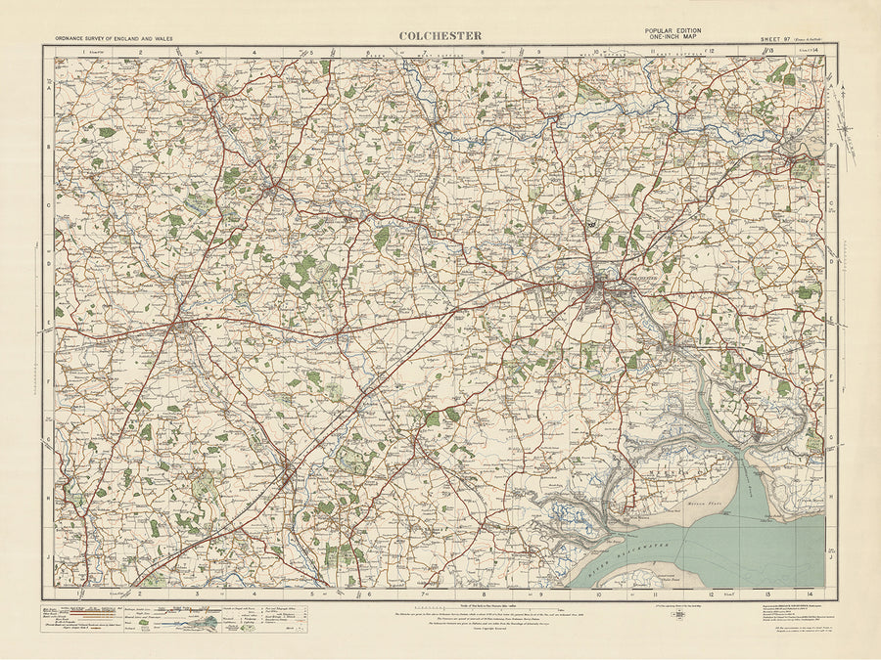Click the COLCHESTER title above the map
(x=440, y=36)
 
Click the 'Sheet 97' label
(x=774, y=39)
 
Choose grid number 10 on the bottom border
(x=597, y=594)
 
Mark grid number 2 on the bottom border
(x=139, y=594)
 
